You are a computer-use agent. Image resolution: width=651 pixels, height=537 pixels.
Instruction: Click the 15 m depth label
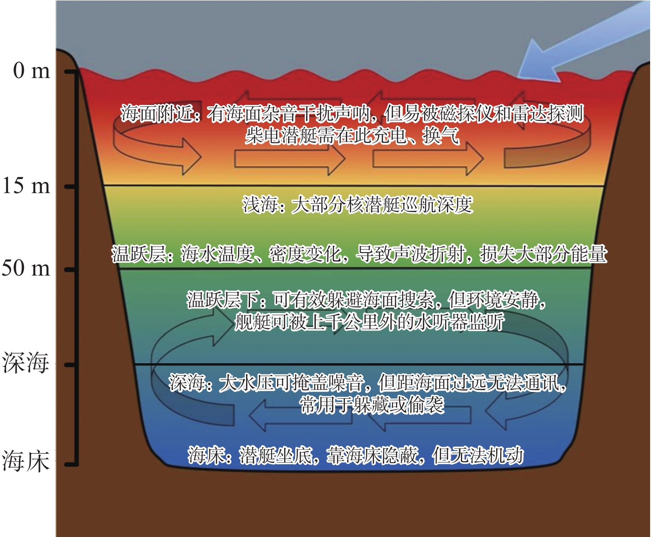[26, 186]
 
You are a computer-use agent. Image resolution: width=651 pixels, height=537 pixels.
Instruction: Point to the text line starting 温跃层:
[359, 254]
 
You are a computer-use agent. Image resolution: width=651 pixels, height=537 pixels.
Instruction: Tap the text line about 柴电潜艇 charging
[352, 136]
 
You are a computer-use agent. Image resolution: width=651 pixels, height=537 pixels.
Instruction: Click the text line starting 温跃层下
[367, 300]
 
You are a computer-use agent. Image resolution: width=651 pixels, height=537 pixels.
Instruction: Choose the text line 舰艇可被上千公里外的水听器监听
[369, 322]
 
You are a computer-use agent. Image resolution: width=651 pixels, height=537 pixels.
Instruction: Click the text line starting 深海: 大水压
[367, 383]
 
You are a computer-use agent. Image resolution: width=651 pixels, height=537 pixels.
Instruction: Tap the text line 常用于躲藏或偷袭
[372, 405]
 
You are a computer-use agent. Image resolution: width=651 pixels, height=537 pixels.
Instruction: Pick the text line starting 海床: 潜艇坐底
[355, 455]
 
